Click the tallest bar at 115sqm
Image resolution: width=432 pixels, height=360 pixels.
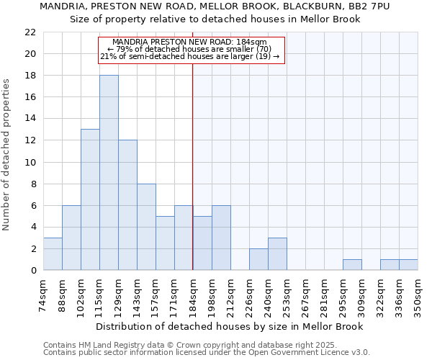[109, 173]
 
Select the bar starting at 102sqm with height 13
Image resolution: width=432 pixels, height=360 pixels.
[90, 199]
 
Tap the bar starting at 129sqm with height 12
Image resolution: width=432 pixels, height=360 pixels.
[127, 205]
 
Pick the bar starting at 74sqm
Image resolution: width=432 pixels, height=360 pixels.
[53, 254]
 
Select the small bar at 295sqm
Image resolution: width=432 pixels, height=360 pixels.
[352, 265]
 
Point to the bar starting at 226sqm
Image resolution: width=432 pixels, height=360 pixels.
[258, 259]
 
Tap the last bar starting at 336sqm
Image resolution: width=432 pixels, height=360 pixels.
[408, 265]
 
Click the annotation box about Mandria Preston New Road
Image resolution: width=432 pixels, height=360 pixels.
[192, 50]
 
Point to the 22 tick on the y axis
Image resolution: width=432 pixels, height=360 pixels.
[30, 32]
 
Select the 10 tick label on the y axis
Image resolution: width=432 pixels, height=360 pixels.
[30, 162]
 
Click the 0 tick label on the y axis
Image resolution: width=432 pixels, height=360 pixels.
[33, 271]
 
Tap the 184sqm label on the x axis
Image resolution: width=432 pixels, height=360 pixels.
[193, 296]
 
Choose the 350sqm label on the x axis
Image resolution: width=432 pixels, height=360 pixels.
[418, 296]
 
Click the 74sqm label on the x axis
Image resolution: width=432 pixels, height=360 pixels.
[43, 296]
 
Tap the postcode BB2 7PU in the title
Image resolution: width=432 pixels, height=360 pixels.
[369, 6]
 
